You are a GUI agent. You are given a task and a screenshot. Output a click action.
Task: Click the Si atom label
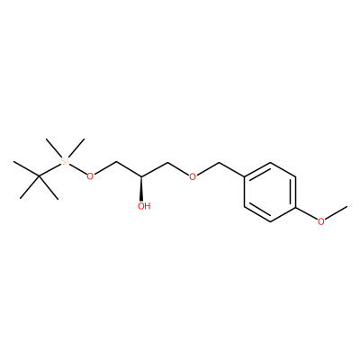[64, 162]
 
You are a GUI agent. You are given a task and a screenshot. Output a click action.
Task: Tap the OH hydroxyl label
[144, 206]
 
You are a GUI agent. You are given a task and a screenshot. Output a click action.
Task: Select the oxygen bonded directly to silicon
[90, 176]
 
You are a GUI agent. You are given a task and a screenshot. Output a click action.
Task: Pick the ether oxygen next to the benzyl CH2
[193, 176]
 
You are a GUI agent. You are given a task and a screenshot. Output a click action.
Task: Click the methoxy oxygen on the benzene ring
[321, 221]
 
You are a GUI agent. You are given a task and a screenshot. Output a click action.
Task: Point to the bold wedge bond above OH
[141, 188]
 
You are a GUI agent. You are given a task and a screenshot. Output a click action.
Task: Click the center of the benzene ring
[270, 192]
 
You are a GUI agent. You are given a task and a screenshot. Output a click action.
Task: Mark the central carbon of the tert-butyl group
[39, 176]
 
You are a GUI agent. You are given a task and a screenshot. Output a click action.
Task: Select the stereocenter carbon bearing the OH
[141, 177]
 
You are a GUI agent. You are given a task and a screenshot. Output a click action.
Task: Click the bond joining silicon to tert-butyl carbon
[49, 170]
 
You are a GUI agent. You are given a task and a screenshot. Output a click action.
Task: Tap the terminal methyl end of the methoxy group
[347, 207]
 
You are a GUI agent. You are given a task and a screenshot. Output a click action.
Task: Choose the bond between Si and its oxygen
[77, 169]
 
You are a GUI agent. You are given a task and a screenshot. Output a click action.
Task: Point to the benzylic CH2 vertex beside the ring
[219, 163]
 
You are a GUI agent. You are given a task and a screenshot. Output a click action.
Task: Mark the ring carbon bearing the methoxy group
[296, 207]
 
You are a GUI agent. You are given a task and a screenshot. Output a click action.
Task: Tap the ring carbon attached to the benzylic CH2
[245, 177]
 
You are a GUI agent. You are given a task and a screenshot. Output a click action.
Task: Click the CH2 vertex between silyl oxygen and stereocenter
[116, 162]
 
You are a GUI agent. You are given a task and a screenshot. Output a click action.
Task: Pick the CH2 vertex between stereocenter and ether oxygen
[167, 162]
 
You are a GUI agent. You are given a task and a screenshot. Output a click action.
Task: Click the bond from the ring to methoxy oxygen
[307, 213]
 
